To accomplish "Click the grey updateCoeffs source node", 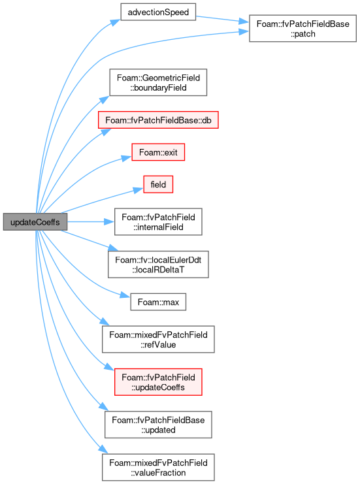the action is (35, 221).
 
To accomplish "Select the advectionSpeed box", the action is (158, 12).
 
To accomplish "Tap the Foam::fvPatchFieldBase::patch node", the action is (303, 28).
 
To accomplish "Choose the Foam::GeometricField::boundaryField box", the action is (158, 82).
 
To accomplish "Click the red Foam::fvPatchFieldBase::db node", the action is (158, 120).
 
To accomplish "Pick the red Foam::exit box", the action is (158, 152).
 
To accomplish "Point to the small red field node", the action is (158, 184).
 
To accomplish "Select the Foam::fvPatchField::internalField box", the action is (158, 222).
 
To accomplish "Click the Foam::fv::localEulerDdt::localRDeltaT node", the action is (158, 265).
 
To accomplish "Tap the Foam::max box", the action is (158, 302).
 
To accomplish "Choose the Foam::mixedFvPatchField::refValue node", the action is (158, 339).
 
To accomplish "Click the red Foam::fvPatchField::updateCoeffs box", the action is (158, 382).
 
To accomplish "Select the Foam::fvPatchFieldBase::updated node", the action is (158, 425).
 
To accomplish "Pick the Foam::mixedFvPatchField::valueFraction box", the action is (158, 467).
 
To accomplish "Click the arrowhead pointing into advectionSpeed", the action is (116, 22).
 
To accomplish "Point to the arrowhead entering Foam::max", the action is (125, 295).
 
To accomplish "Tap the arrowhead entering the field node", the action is (139, 190).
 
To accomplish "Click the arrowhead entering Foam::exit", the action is (127, 158).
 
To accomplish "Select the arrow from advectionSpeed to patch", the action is (222, 19).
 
